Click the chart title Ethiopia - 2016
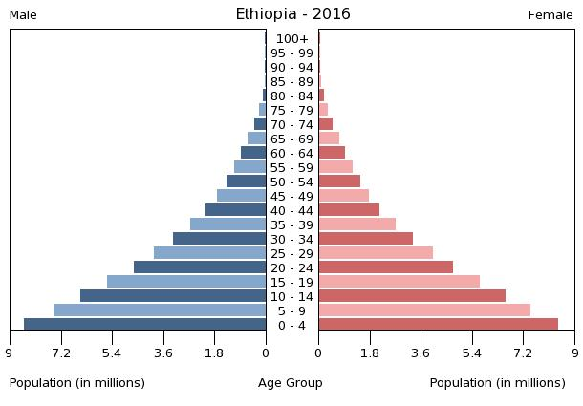[x=292, y=14]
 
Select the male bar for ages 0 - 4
[x=145, y=324]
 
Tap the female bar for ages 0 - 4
[x=438, y=324]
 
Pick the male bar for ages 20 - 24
[x=200, y=267]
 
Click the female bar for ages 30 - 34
[x=365, y=238]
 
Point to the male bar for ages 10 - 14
[x=173, y=295]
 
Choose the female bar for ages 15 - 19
[x=399, y=281]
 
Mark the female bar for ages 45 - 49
[x=343, y=195]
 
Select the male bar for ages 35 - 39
[x=227, y=224]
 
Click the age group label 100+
[x=291, y=38]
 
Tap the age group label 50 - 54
[x=291, y=182]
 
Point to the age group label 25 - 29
[x=291, y=253]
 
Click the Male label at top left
[x=23, y=15]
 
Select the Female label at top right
[x=551, y=15]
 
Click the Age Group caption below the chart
[x=291, y=383]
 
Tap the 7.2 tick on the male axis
[x=61, y=353]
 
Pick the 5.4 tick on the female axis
[x=471, y=353]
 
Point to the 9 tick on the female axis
[x=574, y=353]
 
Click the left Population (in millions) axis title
[x=77, y=383]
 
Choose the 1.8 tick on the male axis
[x=214, y=353]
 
